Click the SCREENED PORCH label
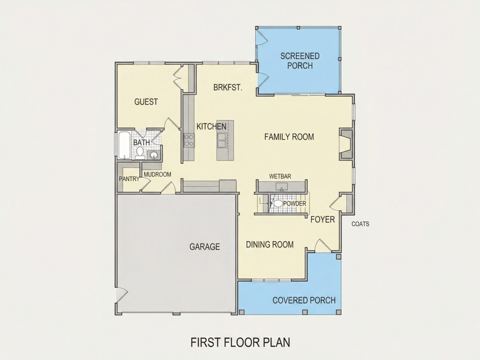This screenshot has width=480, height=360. tap(300, 61)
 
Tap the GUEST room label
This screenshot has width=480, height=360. tap(146, 102)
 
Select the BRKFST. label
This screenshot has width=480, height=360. tap(228, 88)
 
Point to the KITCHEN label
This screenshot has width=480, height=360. tap(211, 127)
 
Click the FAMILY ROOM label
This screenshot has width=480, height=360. tap(289, 137)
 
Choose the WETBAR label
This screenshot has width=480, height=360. tap(280, 176)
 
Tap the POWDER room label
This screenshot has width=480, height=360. tap(295, 204)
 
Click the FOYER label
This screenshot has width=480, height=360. tap(322, 219)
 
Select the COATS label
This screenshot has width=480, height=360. tap(360, 224)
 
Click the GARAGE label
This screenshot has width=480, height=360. tap(205, 247)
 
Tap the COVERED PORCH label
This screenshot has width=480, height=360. tap(304, 300)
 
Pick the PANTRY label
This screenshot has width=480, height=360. tap(129, 179)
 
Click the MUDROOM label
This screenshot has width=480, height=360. tap(158, 175)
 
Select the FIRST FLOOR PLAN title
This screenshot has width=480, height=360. tap(240, 342)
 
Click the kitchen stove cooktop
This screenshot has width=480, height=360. tap(189, 141)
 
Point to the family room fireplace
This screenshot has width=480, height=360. tap(346, 144)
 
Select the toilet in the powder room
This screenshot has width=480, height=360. tap(278, 203)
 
